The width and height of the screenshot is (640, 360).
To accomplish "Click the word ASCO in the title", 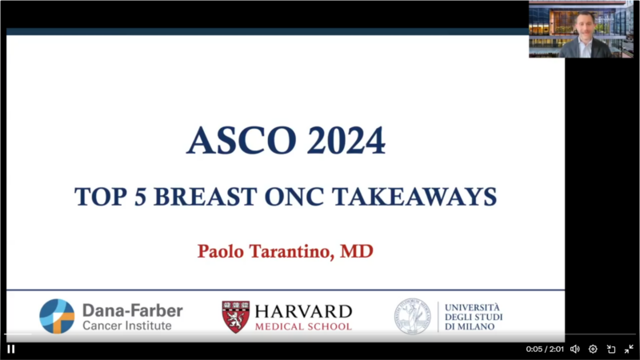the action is (242, 141).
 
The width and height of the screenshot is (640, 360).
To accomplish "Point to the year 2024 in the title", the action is (346, 141).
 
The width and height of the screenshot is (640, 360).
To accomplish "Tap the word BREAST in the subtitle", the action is (206, 197).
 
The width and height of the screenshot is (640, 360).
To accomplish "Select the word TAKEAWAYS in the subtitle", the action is (414, 197).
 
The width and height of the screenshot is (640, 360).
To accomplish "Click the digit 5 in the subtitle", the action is (140, 197).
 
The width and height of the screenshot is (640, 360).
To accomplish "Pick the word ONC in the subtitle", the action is (294, 197).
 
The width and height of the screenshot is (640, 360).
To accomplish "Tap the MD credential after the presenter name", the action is (357, 251).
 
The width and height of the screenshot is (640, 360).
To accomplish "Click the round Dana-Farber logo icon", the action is (57, 316).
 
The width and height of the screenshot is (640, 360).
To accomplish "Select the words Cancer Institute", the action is (127, 326).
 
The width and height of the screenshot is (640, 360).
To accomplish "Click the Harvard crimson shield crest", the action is (235, 317).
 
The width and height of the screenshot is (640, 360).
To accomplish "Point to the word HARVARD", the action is (303, 312).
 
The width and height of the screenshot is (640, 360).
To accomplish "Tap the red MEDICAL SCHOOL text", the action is (303, 326).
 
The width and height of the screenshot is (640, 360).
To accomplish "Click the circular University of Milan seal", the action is (412, 316).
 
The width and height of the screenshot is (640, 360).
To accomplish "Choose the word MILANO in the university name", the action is (474, 326).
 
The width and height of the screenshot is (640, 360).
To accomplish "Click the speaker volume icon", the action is (574, 349).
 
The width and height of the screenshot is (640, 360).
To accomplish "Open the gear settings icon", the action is (593, 349).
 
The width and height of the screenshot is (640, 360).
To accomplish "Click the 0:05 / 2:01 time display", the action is (545, 349).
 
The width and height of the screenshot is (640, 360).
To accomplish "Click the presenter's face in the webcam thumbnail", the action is (584, 26).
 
